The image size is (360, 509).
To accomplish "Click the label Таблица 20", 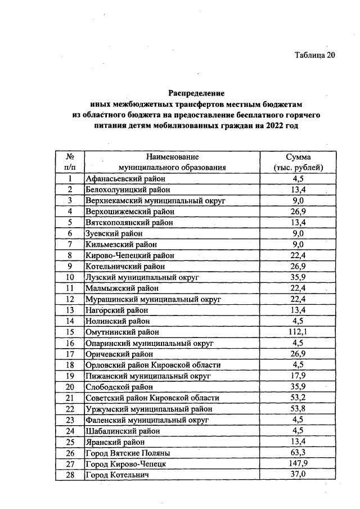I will (x=315, y=55).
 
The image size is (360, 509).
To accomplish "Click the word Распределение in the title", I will (x=197, y=93).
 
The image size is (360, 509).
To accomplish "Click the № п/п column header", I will (x=71, y=162).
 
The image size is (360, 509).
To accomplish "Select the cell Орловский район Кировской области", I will (x=152, y=365).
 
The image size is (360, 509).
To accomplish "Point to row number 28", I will (x=70, y=475).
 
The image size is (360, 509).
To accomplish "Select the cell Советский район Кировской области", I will (x=152, y=398).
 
